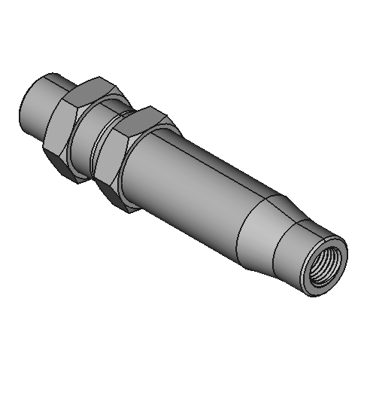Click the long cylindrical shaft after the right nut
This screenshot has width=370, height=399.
point(196,181)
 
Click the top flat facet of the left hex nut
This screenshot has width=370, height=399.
point(89,84)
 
